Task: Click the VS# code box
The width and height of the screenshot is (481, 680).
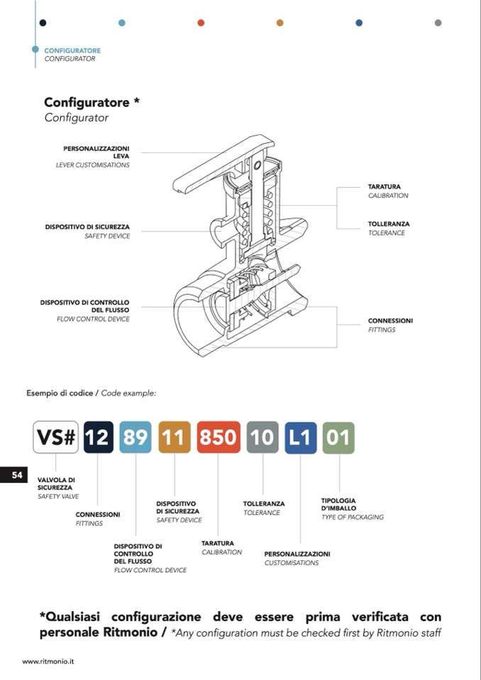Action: (56, 437)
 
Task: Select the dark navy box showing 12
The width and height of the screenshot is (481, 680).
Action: (98, 437)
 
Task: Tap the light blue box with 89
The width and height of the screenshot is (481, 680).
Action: (135, 437)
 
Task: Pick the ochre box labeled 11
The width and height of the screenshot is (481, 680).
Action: (175, 437)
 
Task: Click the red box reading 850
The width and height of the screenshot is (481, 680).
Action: (218, 437)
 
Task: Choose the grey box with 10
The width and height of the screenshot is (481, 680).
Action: (262, 437)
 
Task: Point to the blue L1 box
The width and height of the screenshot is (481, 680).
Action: (300, 437)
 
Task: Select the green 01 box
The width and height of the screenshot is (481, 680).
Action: (338, 437)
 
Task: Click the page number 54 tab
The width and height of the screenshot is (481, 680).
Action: (16, 475)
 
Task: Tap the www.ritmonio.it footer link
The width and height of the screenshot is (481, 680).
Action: (48, 661)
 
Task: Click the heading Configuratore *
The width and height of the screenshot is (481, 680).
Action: (92, 102)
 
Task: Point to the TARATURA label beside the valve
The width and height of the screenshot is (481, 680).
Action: (384, 186)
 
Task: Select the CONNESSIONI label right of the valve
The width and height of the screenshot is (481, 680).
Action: (390, 321)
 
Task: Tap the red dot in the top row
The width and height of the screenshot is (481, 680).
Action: (201, 23)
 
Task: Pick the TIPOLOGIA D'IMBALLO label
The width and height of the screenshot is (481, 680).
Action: (338, 504)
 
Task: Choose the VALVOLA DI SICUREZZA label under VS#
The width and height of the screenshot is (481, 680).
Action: (56, 484)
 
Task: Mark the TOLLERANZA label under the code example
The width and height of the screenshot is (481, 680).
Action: (264, 503)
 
